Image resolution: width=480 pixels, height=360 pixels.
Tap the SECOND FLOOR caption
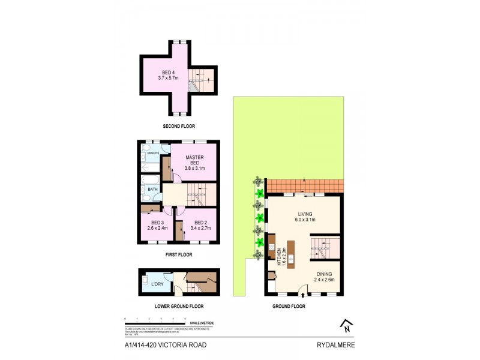tap(179, 126)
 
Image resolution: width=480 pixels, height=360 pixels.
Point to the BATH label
tap(152, 190)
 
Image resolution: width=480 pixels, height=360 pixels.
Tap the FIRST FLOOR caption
tap(179, 254)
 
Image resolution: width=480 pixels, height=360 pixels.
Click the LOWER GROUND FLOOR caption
tap(179, 306)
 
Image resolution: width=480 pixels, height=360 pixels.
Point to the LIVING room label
tap(307, 217)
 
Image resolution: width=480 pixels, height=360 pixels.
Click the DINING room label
tap(325, 276)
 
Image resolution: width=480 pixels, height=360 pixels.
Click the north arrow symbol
tap(346, 326)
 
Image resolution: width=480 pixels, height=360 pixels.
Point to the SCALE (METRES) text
tap(200, 323)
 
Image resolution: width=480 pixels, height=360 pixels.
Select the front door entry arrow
tap(302, 295)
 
